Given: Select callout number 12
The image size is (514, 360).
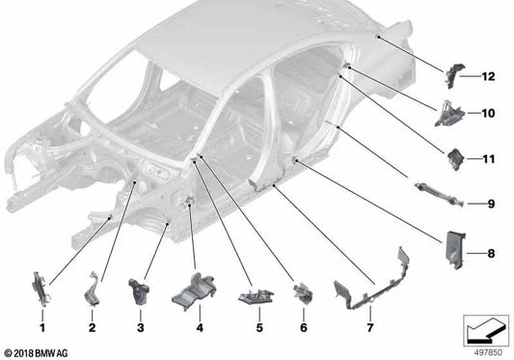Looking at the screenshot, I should (487, 75).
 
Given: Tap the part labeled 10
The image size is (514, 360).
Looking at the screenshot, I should (450, 113).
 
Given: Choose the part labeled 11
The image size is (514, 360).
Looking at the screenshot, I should (454, 155).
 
